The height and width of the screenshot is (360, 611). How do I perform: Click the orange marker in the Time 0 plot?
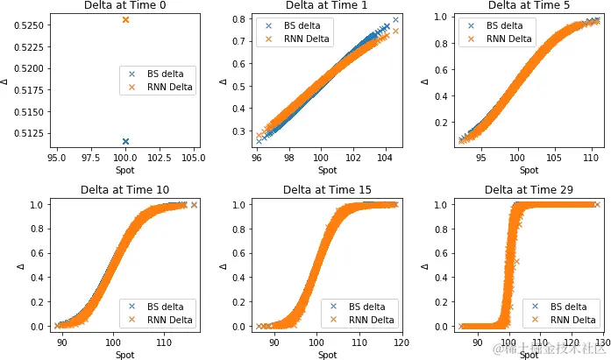(x=125, y=19)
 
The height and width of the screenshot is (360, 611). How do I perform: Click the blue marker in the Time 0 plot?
(x=125, y=141)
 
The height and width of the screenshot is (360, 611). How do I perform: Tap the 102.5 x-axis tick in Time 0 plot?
(x=160, y=158)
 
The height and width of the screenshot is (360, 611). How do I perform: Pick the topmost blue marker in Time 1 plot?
(x=395, y=19)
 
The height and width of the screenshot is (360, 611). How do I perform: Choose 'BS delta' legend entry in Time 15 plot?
(x=370, y=307)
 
